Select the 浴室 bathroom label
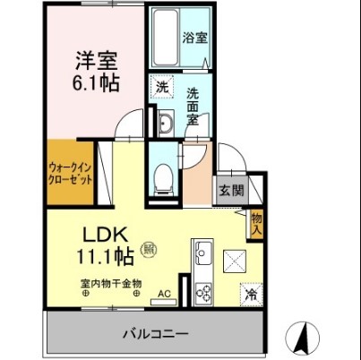point(194,38)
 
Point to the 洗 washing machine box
point(161,88)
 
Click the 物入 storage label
point(256,222)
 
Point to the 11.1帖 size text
point(105,258)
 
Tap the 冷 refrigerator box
point(250,292)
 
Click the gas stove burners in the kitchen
point(203,291)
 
